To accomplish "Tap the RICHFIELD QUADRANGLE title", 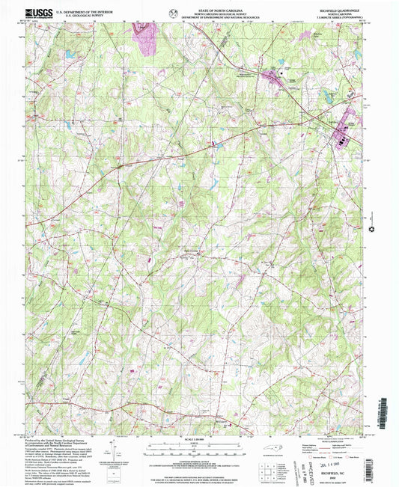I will (x=338, y=10).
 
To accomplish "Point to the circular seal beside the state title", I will (x=174, y=12).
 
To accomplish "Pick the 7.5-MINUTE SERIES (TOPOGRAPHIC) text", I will (x=338, y=19).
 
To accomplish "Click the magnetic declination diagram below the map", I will (x=112, y=453).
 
